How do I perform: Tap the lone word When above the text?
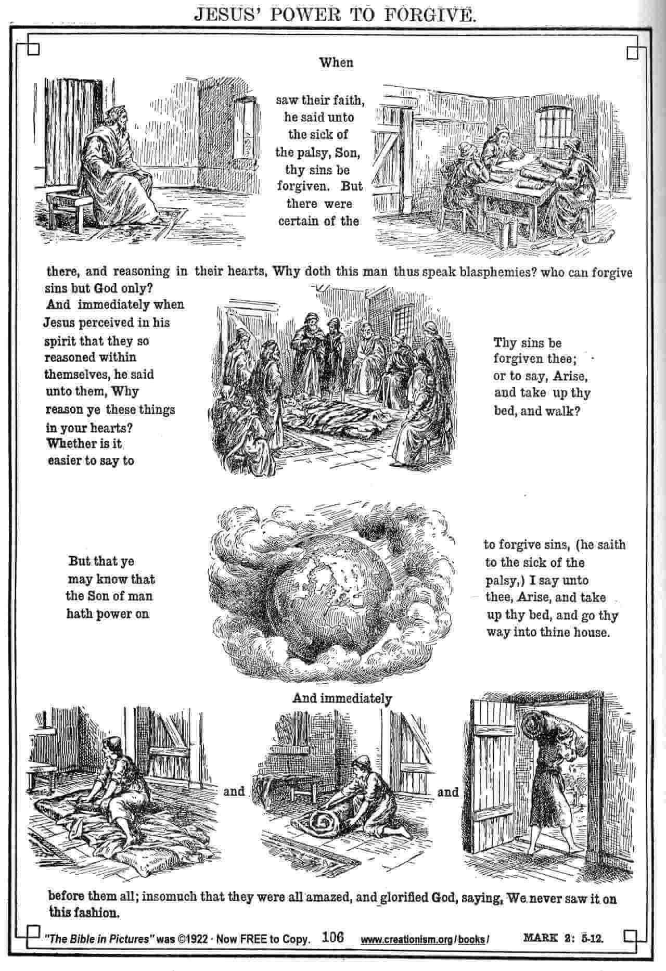(x=336, y=63)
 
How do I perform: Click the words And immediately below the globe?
(x=342, y=698)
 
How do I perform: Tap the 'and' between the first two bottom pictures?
(x=234, y=791)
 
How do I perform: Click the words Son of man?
(x=117, y=596)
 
